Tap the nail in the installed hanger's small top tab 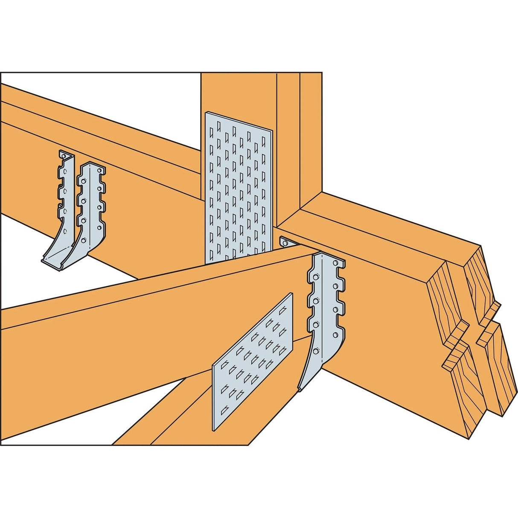pyautogui.click(x=285, y=243)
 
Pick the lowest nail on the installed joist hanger pyautogui.click(x=315, y=352)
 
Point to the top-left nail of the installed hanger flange pyautogui.click(x=315, y=278)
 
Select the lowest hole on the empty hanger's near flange pyautogui.click(x=84, y=240)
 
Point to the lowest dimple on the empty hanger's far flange pyautogui.click(x=65, y=231)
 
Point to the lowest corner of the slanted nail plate pyautogui.click(x=213, y=429)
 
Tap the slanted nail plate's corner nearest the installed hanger pyautogui.click(x=292, y=294)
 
